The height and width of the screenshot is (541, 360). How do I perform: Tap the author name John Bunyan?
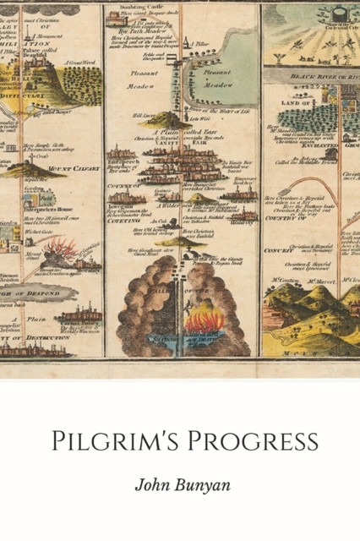point(179,485)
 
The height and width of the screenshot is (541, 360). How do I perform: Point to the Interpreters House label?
point(34,208)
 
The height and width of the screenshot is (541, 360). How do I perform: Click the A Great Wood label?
point(82,62)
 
